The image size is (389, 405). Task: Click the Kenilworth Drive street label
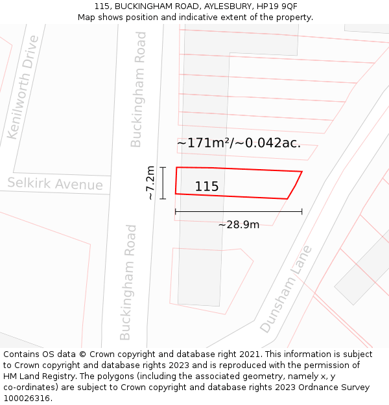(x=23, y=87)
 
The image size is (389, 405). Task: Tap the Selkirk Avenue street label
(x=55, y=184)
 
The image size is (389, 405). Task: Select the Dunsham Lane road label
(x=286, y=290)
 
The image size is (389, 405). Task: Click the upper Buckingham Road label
(x=137, y=89)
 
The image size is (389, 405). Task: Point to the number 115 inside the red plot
(x=207, y=187)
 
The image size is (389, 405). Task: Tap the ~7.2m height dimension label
(x=150, y=183)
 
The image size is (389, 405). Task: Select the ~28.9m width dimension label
(x=239, y=225)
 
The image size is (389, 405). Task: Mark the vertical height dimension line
(x=163, y=183)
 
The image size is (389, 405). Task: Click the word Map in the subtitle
(x=88, y=17)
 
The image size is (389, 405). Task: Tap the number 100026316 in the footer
(x=27, y=399)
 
